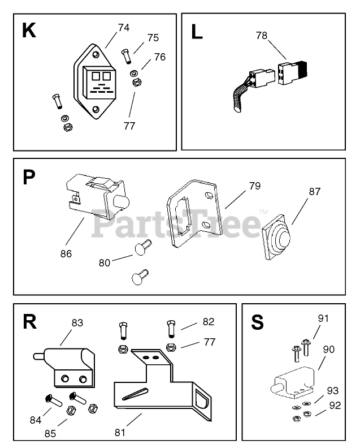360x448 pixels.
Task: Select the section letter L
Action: coord(197,32)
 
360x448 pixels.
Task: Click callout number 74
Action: coord(124,27)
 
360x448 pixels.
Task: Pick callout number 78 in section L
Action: coord(261,35)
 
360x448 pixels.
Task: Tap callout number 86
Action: coord(66,253)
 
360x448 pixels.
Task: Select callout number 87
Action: coord(314,192)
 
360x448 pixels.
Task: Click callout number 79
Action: coord(255,186)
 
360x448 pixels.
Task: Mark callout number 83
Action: coord(77,322)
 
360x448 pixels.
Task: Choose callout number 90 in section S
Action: coord(328,350)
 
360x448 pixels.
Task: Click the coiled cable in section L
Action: coord(237,95)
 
